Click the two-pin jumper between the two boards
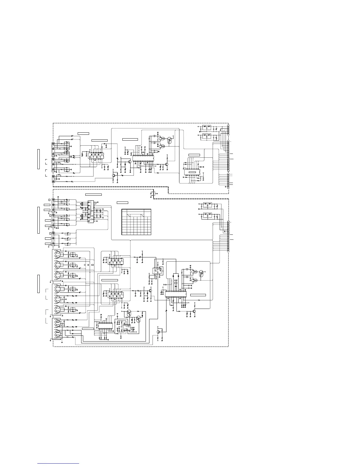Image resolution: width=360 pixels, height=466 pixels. tap(153, 193)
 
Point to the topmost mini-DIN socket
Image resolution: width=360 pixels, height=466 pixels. tap(56, 254)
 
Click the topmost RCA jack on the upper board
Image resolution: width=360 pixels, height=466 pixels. tap(53, 144)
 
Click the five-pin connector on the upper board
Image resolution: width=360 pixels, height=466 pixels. tap(228, 129)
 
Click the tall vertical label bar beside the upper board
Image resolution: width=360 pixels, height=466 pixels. tap(38, 159)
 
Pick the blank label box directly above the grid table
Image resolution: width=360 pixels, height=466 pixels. tap(122, 202)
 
